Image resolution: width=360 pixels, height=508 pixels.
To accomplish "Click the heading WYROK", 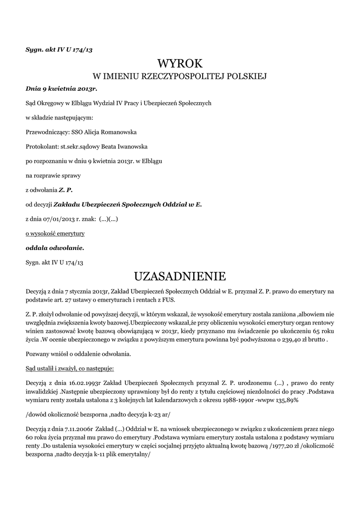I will pyautogui.click(x=180, y=63).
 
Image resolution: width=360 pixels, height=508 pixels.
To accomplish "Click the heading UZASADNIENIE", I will pyautogui.click(x=180, y=276).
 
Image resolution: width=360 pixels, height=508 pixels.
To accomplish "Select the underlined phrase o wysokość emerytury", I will pyautogui.click(x=55, y=233).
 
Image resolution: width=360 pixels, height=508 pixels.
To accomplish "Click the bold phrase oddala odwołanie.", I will pyautogui.click(x=55, y=247).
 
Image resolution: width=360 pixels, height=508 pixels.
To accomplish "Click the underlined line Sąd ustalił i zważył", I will pyautogui.click(x=70, y=369).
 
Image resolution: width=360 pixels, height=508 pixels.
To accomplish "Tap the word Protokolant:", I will pyautogui.click(x=42, y=147).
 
